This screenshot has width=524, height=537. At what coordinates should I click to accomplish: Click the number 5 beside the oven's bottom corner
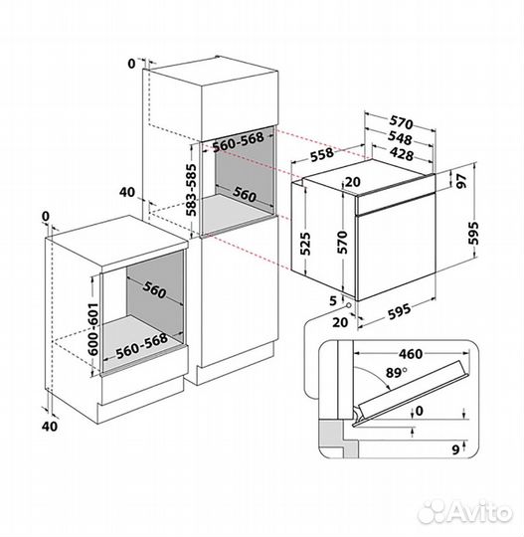(x=334, y=298)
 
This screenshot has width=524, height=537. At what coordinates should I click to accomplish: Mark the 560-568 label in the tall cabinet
(x=236, y=142)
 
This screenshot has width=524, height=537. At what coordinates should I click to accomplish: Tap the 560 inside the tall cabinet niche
(x=245, y=195)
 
